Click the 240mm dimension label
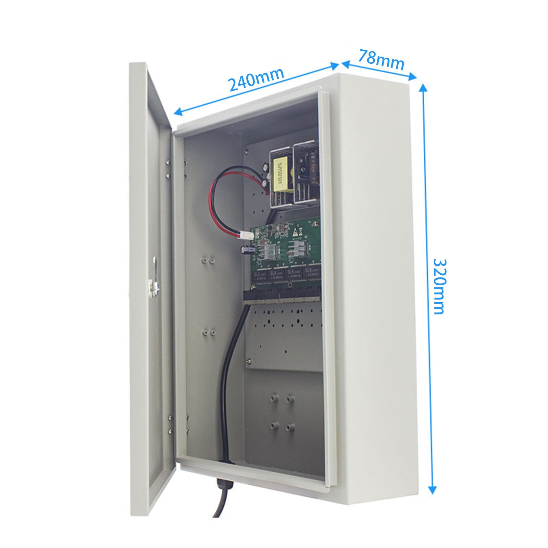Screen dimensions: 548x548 click(256, 80)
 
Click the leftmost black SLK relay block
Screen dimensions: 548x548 click(260, 276)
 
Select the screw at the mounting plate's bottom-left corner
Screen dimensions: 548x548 click(249, 360)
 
